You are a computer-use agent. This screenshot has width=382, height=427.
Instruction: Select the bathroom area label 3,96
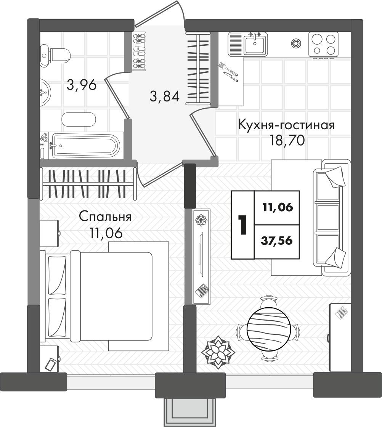pyautogui.click(x=81, y=85)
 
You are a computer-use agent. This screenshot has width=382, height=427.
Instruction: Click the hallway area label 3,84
pyautogui.click(x=164, y=96)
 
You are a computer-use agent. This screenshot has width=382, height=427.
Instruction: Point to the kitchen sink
pyautogui.click(x=255, y=43)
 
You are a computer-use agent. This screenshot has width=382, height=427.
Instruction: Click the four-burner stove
pyautogui.click(x=323, y=44)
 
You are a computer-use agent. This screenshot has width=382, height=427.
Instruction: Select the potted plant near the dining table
pyautogui.click(x=217, y=352)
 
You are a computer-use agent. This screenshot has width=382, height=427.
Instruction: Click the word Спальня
pyautogui.click(x=105, y=217)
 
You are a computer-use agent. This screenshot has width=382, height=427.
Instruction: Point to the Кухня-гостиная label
pyautogui.click(x=286, y=125)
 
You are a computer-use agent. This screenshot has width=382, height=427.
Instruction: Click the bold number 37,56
pyautogui.click(x=277, y=241)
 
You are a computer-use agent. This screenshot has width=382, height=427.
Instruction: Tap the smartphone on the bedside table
pyautogui.click(x=51, y=364)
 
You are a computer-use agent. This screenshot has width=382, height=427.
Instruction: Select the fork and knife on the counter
pyautogui.click(x=228, y=72)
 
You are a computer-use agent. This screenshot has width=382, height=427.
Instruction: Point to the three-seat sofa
pyautogui.click(x=331, y=217)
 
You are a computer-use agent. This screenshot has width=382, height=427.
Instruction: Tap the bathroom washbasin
pyautogui.click(x=44, y=91)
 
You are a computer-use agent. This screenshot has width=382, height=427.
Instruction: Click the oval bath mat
pyautogui.click(x=79, y=119)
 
